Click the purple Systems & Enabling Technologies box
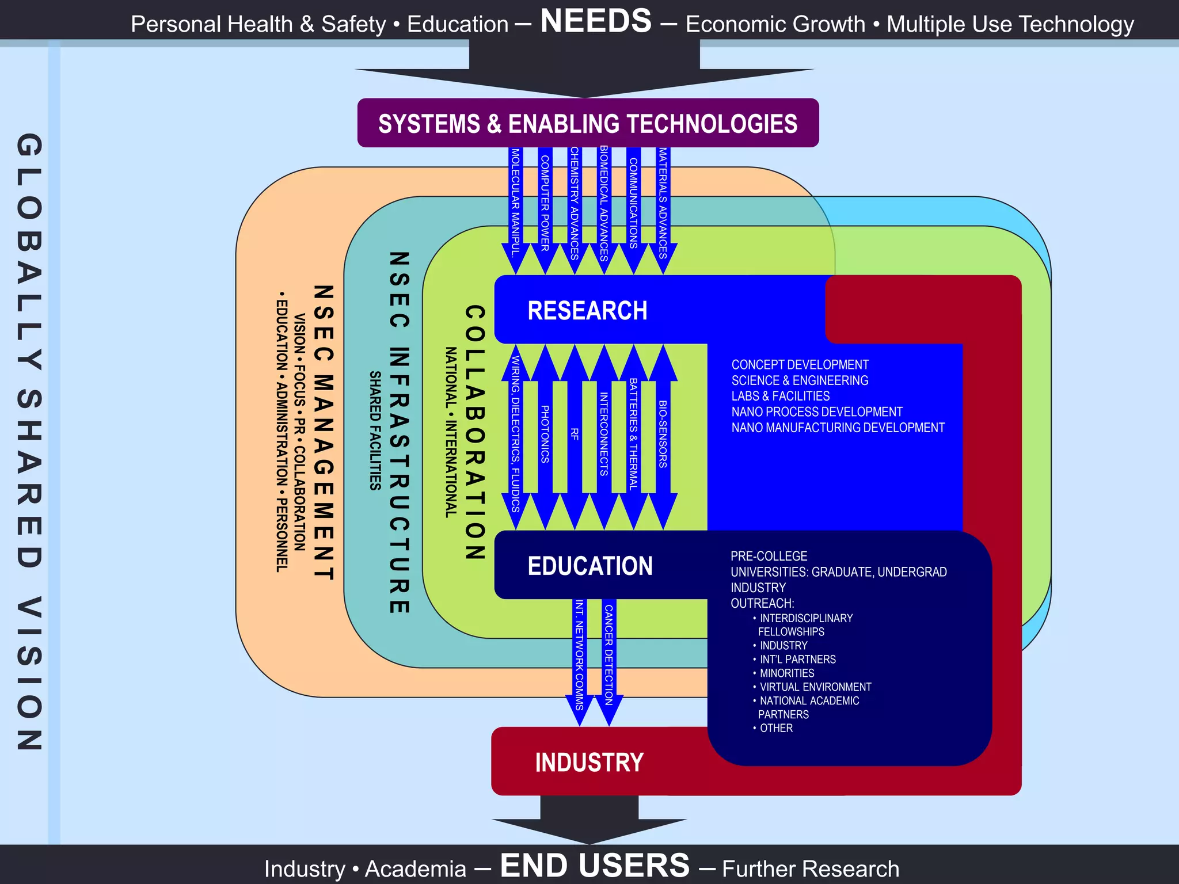click(x=588, y=123)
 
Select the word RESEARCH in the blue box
click(x=587, y=311)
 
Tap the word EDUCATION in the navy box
click(x=590, y=566)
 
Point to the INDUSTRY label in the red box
click(x=589, y=763)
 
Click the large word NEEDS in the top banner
click(x=596, y=21)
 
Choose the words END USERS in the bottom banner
click(x=595, y=866)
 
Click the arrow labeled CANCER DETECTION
click(x=609, y=656)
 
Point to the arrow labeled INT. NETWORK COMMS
click(x=580, y=656)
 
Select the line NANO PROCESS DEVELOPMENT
click(x=816, y=412)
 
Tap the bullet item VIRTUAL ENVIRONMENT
click(x=815, y=687)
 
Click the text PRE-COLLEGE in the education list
click(x=769, y=557)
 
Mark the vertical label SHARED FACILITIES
click(x=375, y=430)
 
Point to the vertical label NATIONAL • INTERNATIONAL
click(x=451, y=432)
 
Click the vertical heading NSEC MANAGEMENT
click(x=324, y=432)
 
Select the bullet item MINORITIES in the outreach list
click(x=786, y=673)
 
